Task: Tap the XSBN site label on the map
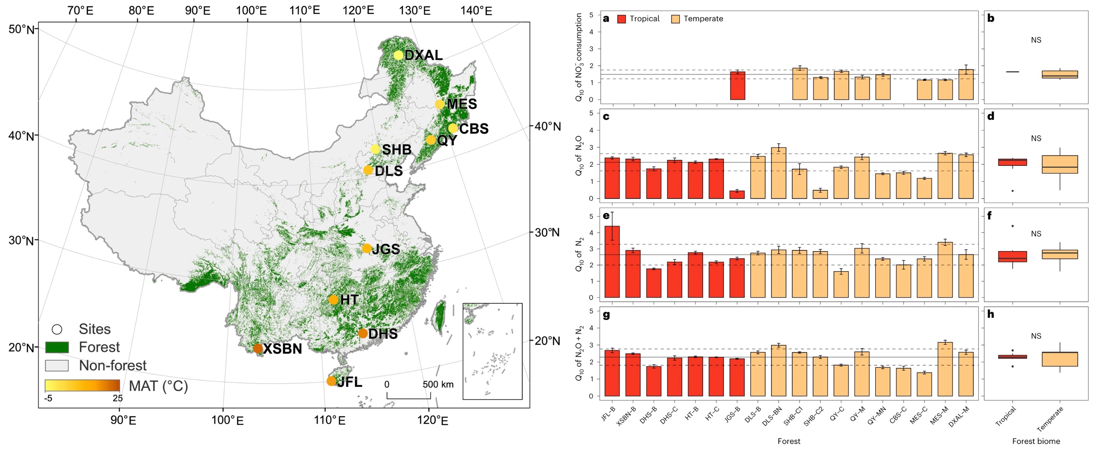tap(282, 349)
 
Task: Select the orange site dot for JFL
tap(331, 381)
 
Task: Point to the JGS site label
tap(386, 249)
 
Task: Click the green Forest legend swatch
tap(57, 347)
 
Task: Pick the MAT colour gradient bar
tap(82, 385)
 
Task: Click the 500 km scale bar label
tap(438, 385)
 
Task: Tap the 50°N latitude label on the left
tap(21, 29)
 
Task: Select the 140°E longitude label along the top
tap(476, 10)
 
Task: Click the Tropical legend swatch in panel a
tap(622, 19)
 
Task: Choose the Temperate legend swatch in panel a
tap(675, 19)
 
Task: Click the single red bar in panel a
tap(737, 86)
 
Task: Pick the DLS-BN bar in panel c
tap(779, 173)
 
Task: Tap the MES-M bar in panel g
tap(945, 369)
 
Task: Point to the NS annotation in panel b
tap(1036, 40)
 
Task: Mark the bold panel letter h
tap(991, 314)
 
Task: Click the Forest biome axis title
tap(1036, 441)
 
